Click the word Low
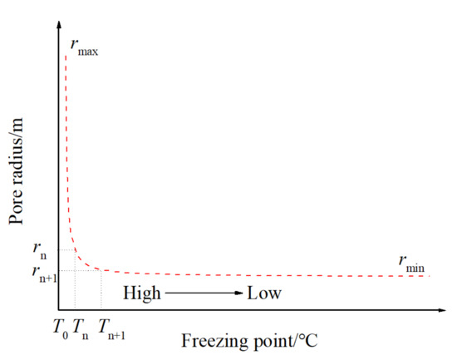(263, 293)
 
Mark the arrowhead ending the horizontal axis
(445, 310)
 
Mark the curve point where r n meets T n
(75, 249)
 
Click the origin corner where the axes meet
(59, 310)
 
